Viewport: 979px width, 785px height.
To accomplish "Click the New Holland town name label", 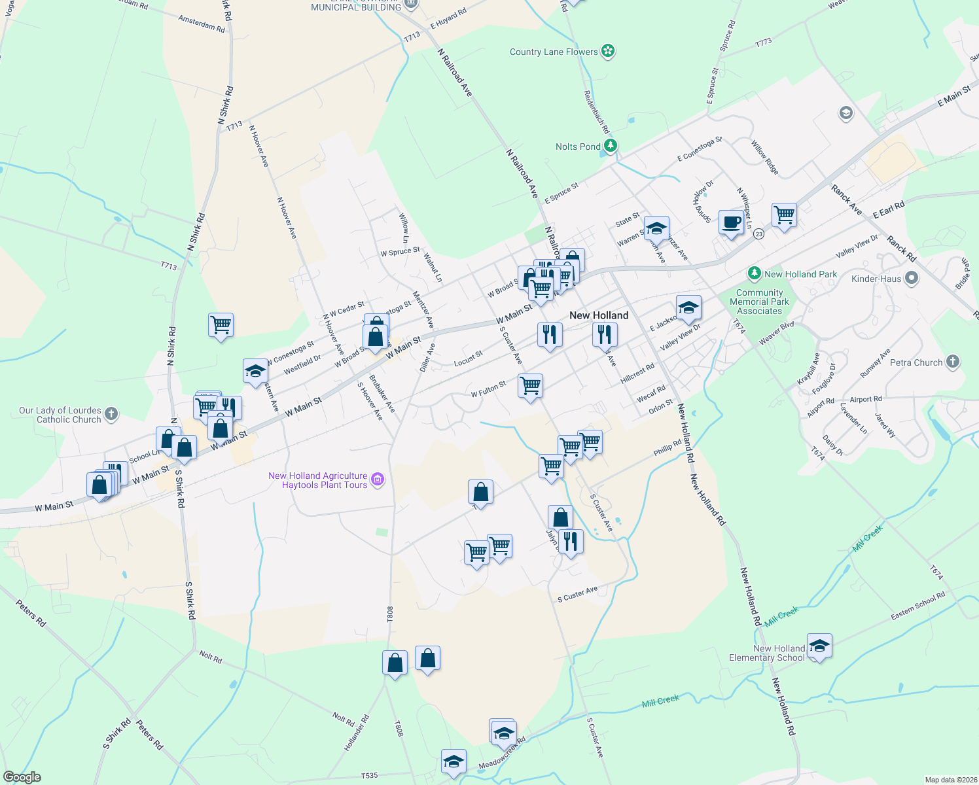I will [599, 315].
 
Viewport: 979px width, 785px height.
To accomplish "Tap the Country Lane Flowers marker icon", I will [608, 51].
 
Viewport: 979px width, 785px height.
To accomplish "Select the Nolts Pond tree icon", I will [611, 146].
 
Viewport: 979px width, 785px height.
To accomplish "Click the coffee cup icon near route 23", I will [731, 222].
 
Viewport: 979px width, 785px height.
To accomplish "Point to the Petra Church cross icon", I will [953, 362].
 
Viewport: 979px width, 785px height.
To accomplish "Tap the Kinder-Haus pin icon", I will [912, 279].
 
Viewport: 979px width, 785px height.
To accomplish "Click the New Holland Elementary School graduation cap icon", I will [819, 646].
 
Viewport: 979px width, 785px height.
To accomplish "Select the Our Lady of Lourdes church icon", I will [111, 413].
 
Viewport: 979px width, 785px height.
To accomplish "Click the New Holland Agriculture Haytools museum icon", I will [378, 480].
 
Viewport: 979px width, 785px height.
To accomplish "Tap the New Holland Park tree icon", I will [755, 273].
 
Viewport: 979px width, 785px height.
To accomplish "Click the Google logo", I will [22, 777].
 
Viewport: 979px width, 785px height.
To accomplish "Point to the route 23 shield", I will [758, 234].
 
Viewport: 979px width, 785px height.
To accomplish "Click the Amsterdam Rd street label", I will [202, 24].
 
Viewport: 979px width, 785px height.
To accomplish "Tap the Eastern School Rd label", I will [917, 606].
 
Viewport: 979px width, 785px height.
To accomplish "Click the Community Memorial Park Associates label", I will [759, 302].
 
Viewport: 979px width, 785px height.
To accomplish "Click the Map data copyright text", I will [951, 780].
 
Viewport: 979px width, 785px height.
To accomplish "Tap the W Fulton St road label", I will [488, 389].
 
